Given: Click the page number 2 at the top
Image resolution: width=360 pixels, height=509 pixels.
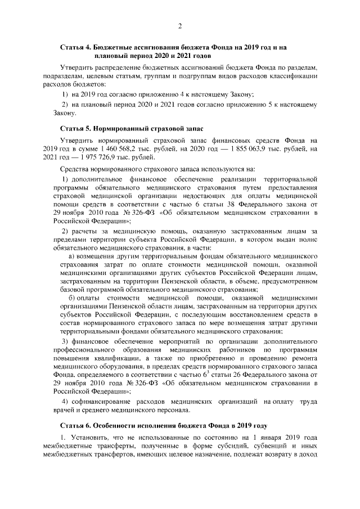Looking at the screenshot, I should click(x=179, y=26).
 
